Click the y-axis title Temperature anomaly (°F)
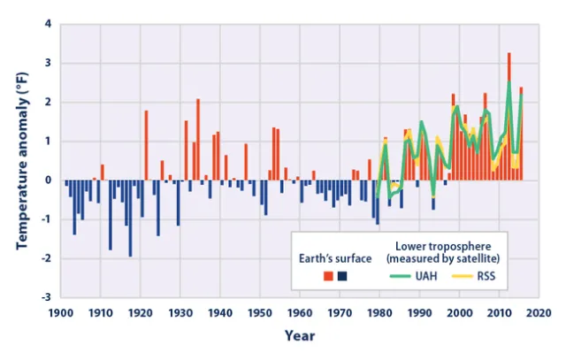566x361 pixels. point(20,159)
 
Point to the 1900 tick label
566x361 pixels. point(60,312)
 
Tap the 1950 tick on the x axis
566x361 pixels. point(259,312)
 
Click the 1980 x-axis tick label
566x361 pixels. point(379,312)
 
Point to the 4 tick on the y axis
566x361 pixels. point(49,24)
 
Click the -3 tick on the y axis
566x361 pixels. point(47,297)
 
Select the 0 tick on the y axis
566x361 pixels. point(49,180)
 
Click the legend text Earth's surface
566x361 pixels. point(333,257)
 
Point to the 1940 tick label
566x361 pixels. point(219,312)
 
